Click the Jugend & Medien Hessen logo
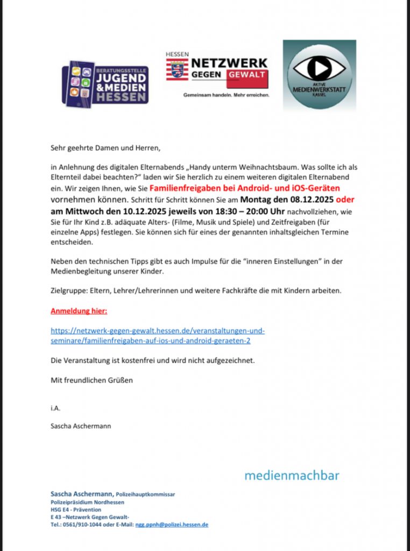[x=105, y=83]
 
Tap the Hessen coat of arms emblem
[x=177, y=69]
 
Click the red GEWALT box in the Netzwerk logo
[x=247, y=75]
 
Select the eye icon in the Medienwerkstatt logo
[x=319, y=68]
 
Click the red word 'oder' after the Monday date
[x=347, y=200]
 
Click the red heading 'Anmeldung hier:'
[x=79, y=311]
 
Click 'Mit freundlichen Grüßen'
[x=91, y=380]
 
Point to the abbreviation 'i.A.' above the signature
[x=55, y=408]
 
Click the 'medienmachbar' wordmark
[x=292, y=475]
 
